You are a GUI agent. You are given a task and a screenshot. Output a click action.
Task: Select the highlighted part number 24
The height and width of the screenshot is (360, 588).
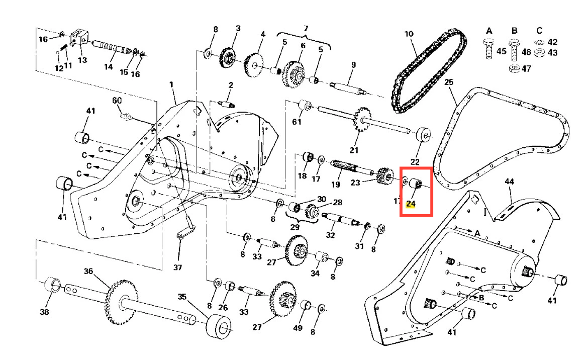(412, 204)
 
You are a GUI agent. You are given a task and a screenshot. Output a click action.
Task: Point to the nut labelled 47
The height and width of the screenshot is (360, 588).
(513, 68)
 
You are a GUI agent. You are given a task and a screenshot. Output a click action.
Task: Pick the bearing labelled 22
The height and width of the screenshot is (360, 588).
(423, 135)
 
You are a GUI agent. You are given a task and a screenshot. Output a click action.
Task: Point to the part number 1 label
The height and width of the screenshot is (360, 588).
(171, 85)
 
